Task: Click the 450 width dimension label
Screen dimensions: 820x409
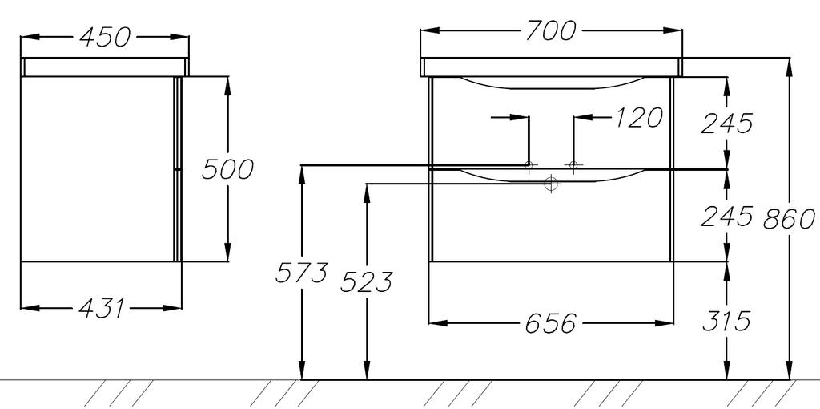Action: [x=105, y=37]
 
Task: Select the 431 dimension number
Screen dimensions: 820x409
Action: [x=102, y=308]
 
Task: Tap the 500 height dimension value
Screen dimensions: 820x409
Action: [x=227, y=169]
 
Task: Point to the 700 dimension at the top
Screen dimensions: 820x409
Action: [x=551, y=30]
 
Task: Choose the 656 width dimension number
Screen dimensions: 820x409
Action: [x=551, y=323]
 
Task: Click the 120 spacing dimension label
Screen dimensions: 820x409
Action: [x=637, y=118]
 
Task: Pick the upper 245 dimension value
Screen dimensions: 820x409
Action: [x=726, y=123]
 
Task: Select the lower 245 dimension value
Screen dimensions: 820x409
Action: [x=726, y=216]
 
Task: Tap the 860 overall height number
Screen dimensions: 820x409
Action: [x=789, y=218]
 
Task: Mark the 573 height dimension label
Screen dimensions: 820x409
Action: [x=301, y=273]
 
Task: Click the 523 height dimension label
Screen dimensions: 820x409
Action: [x=366, y=282]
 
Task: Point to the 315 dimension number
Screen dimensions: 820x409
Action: [x=726, y=321]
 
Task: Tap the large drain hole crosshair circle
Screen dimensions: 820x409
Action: [x=551, y=184]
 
